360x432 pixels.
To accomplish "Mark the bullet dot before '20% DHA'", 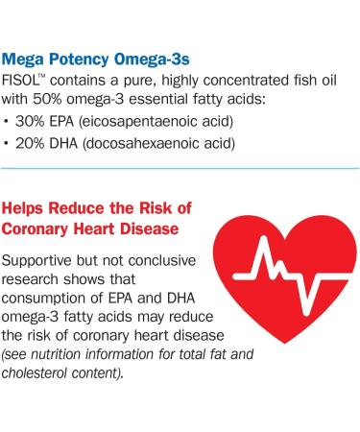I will point(9,145).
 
